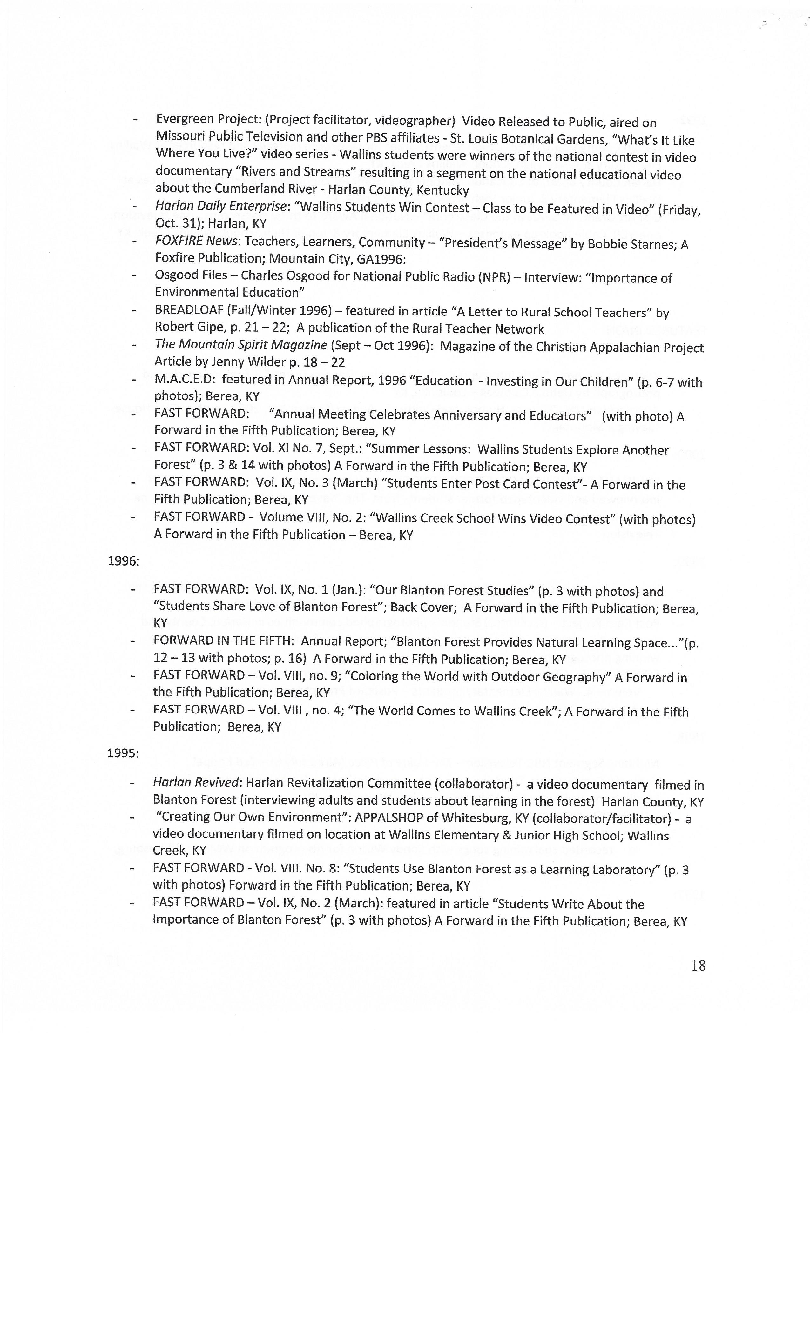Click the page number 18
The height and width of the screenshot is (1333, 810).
click(x=698, y=966)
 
